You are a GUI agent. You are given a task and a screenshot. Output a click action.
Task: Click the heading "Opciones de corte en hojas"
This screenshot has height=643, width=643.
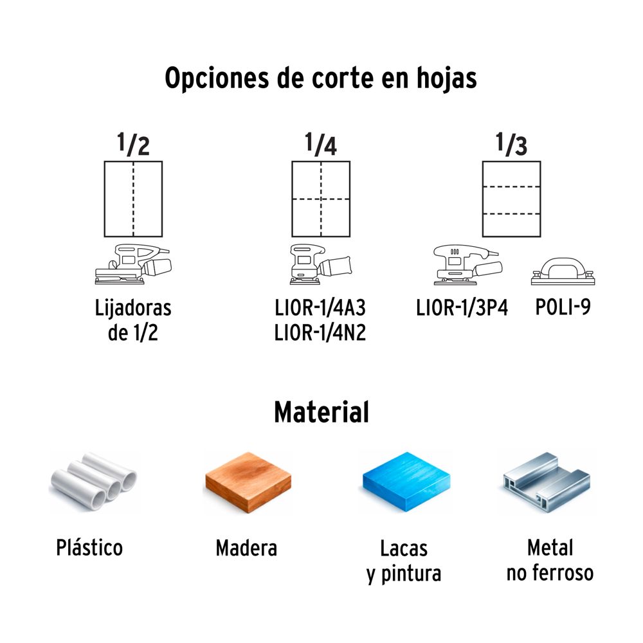pyautogui.click(x=321, y=78)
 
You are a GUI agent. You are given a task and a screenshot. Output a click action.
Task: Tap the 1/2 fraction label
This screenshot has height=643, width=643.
pyautogui.click(x=133, y=144)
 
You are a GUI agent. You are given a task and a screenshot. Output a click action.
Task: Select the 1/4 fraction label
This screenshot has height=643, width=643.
pyautogui.click(x=321, y=144)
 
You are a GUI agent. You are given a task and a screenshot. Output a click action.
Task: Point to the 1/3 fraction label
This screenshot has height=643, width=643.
pyautogui.click(x=511, y=144)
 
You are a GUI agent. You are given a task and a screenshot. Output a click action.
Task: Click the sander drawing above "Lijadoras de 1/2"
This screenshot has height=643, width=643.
pyautogui.click(x=133, y=264)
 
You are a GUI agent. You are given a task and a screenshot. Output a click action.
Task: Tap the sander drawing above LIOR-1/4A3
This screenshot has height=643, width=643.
pyautogui.click(x=321, y=264)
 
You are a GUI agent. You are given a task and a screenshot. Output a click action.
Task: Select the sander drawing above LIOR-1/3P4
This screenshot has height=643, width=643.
pyautogui.click(x=467, y=265)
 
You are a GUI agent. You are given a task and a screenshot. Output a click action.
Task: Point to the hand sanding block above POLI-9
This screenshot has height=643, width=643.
pyautogui.click(x=563, y=271)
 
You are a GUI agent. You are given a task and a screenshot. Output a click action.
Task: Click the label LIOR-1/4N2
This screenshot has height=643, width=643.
pyautogui.click(x=320, y=332)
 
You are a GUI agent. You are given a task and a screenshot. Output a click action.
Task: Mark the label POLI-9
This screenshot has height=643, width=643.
pyautogui.click(x=563, y=307)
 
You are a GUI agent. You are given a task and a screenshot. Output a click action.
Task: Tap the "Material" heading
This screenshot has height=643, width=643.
pyautogui.click(x=321, y=412)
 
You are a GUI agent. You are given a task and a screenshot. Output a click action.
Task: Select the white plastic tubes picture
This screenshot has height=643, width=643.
pyautogui.click(x=93, y=481)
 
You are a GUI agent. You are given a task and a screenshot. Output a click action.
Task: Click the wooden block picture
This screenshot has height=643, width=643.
pyautogui.click(x=248, y=482)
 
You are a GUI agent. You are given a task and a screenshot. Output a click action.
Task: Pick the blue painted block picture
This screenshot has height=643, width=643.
pyautogui.click(x=406, y=482)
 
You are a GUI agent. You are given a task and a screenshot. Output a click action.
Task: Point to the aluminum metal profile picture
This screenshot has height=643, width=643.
pyautogui.click(x=547, y=482)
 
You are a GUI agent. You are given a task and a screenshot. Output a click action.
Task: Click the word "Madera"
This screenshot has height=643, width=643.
pyautogui.click(x=246, y=548)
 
